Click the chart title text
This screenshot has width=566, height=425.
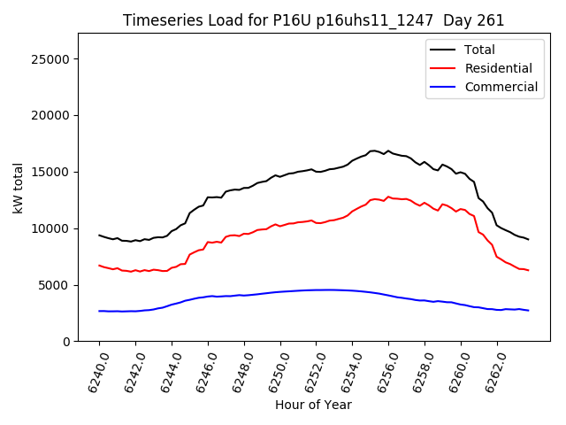coord(313,20)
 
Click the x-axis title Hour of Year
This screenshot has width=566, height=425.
coord(313,405)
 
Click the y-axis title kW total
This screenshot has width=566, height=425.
coord(18,188)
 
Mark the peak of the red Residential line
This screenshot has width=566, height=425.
coord(387,197)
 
